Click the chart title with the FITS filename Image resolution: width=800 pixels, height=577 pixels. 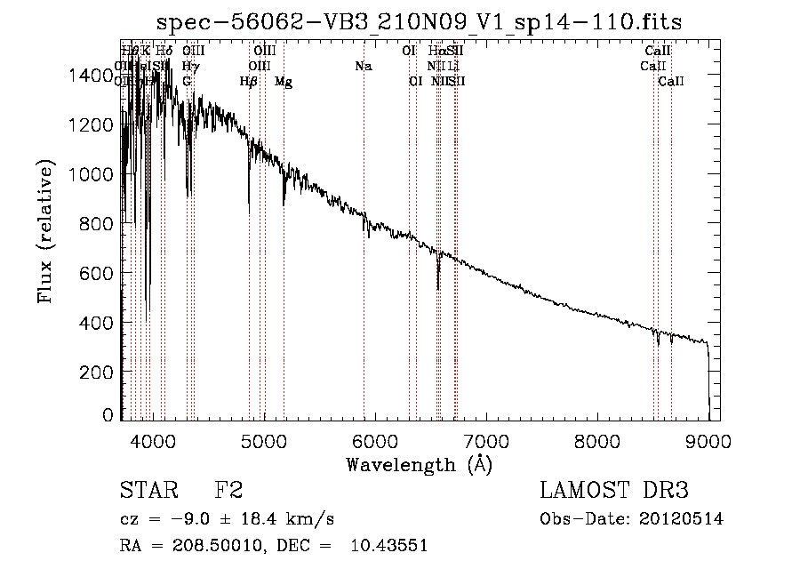(419, 22)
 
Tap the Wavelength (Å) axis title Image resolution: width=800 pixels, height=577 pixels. (419, 464)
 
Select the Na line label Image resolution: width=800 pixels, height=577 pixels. (363, 66)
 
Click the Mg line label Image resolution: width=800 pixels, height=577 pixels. (284, 82)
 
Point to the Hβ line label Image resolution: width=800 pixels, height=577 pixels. (249, 82)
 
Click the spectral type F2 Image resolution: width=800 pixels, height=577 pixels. (228, 491)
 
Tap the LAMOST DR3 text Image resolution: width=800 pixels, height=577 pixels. (614, 491)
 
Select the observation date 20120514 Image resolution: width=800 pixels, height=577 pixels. (681, 519)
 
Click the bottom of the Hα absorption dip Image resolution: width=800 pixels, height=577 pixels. (438, 289)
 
